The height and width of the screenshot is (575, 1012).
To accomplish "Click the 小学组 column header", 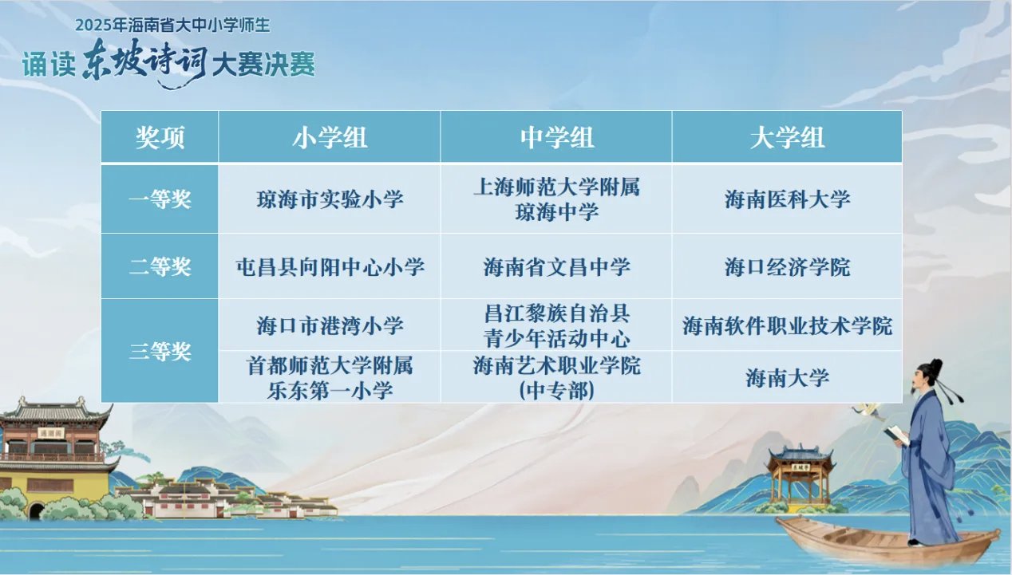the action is pyautogui.click(x=330, y=137).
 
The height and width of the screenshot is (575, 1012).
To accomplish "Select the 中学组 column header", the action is pyautogui.click(x=556, y=137).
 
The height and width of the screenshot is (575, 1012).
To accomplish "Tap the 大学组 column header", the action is pyautogui.click(x=787, y=137).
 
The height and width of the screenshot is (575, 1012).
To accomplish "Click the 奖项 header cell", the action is pyautogui.click(x=160, y=137).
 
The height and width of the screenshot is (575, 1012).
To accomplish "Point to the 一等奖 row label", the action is pyautogui.click(x=160, y=199).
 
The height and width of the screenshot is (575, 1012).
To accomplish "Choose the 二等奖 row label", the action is pyautogui.click(x=160, y=266).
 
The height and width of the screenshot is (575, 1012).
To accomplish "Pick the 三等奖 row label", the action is pyautogui.click(x=160, y=351).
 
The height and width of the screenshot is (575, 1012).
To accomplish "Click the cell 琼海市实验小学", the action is pyautogui.click(x=330, y=199).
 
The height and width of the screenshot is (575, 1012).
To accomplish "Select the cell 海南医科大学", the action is pyautogui.click(x=788, y=199).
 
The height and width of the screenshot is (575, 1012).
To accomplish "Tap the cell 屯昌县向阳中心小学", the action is pyautogui.click(x=330, y=266).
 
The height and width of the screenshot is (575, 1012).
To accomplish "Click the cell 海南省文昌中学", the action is pyautogui.click(x=556, y=266).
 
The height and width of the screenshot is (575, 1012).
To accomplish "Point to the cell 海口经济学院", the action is pyautogui.click(x=788, y=266).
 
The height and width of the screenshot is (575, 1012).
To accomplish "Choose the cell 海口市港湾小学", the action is pyautogui.click(x=330, y=325).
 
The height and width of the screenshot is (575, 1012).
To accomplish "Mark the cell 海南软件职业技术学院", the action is pyautogui.click(x=788, y=325).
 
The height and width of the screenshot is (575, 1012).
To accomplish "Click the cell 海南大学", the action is pyautogui.click(x=788, y=378).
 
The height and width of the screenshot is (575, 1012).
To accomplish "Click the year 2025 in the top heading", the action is pyautogui.click(x=93, y=26).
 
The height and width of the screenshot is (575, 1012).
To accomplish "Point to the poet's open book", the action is pyautogui.click(x=897, y=435).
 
